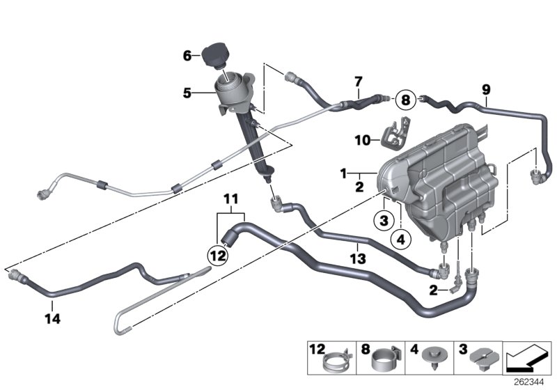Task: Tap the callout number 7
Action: (358, 82)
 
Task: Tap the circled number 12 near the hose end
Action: (217, 256)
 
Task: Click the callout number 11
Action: (231, 198)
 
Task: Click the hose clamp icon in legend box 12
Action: (332, 361)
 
